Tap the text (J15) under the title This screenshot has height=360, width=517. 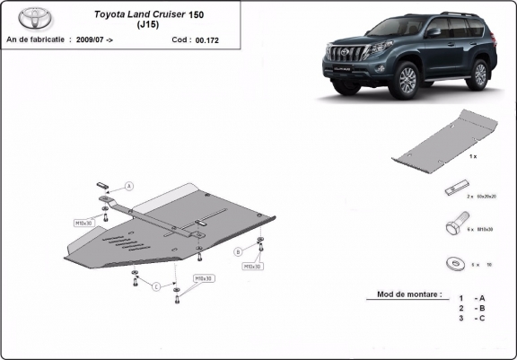(x=150, y=25)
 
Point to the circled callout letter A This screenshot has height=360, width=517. (x=128, y=186)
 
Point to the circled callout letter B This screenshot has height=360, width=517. (x=238, y=250)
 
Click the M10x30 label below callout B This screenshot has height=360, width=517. (x=252, y=267)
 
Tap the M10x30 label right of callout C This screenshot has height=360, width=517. (x=204, y=278)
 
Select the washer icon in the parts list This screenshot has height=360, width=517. (x=455, y=264)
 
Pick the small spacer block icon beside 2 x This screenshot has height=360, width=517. (x=454, y=192)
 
